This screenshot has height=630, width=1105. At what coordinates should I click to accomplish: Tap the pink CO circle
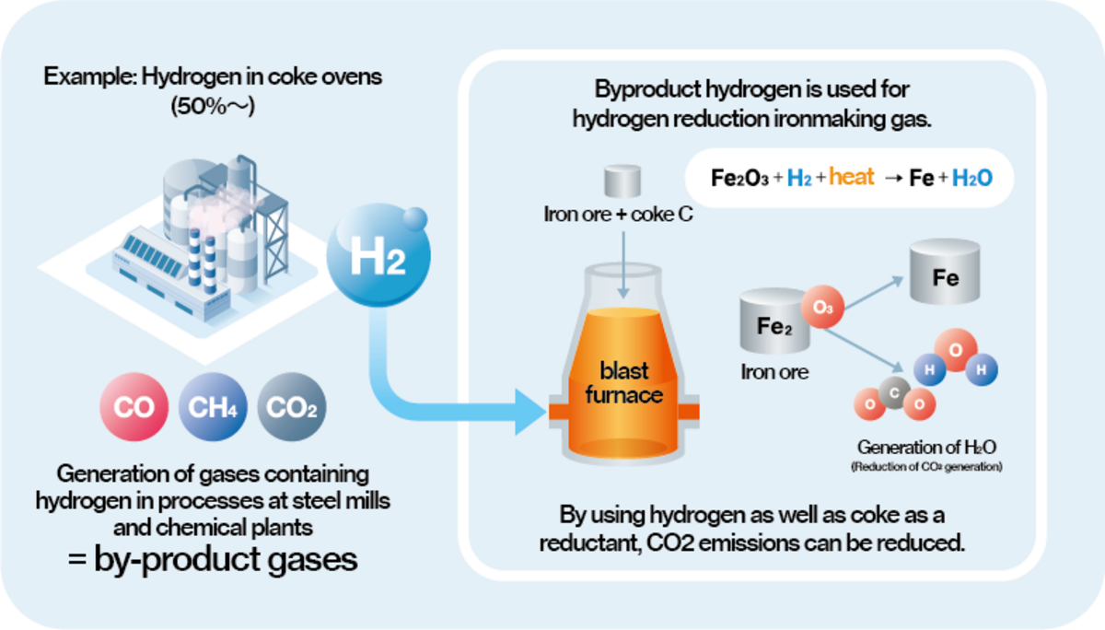[134, 407]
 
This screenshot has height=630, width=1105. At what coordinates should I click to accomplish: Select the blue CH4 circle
[211, 407]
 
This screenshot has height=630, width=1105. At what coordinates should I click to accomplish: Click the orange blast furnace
[624, 387]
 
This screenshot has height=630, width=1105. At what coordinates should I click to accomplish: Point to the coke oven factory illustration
[184, 230]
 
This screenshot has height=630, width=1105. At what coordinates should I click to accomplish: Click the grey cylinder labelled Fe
[946, 274]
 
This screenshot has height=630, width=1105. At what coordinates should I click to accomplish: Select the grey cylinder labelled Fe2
[775, 322]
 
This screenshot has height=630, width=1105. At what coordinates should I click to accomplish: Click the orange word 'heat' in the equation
[851, 177]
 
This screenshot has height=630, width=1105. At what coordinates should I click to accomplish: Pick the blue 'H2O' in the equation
[971, 178]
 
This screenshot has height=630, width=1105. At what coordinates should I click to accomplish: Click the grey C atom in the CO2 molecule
[894, 392]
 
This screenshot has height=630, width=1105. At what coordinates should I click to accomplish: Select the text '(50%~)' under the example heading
[212, 106]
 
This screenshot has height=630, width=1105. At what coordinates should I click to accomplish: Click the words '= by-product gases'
[213, 559]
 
